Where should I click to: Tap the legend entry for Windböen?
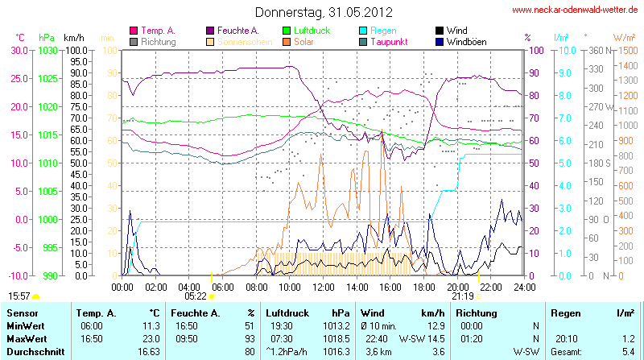pos(465,41)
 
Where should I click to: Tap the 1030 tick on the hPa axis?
pos(47,50)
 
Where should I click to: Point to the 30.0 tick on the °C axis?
pos(18,50)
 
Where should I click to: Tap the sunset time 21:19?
pos(462,296)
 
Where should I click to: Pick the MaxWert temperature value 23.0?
pos(151,337)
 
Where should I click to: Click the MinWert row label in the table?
pos(24,325)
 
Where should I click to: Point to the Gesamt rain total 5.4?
pos(629,351)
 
